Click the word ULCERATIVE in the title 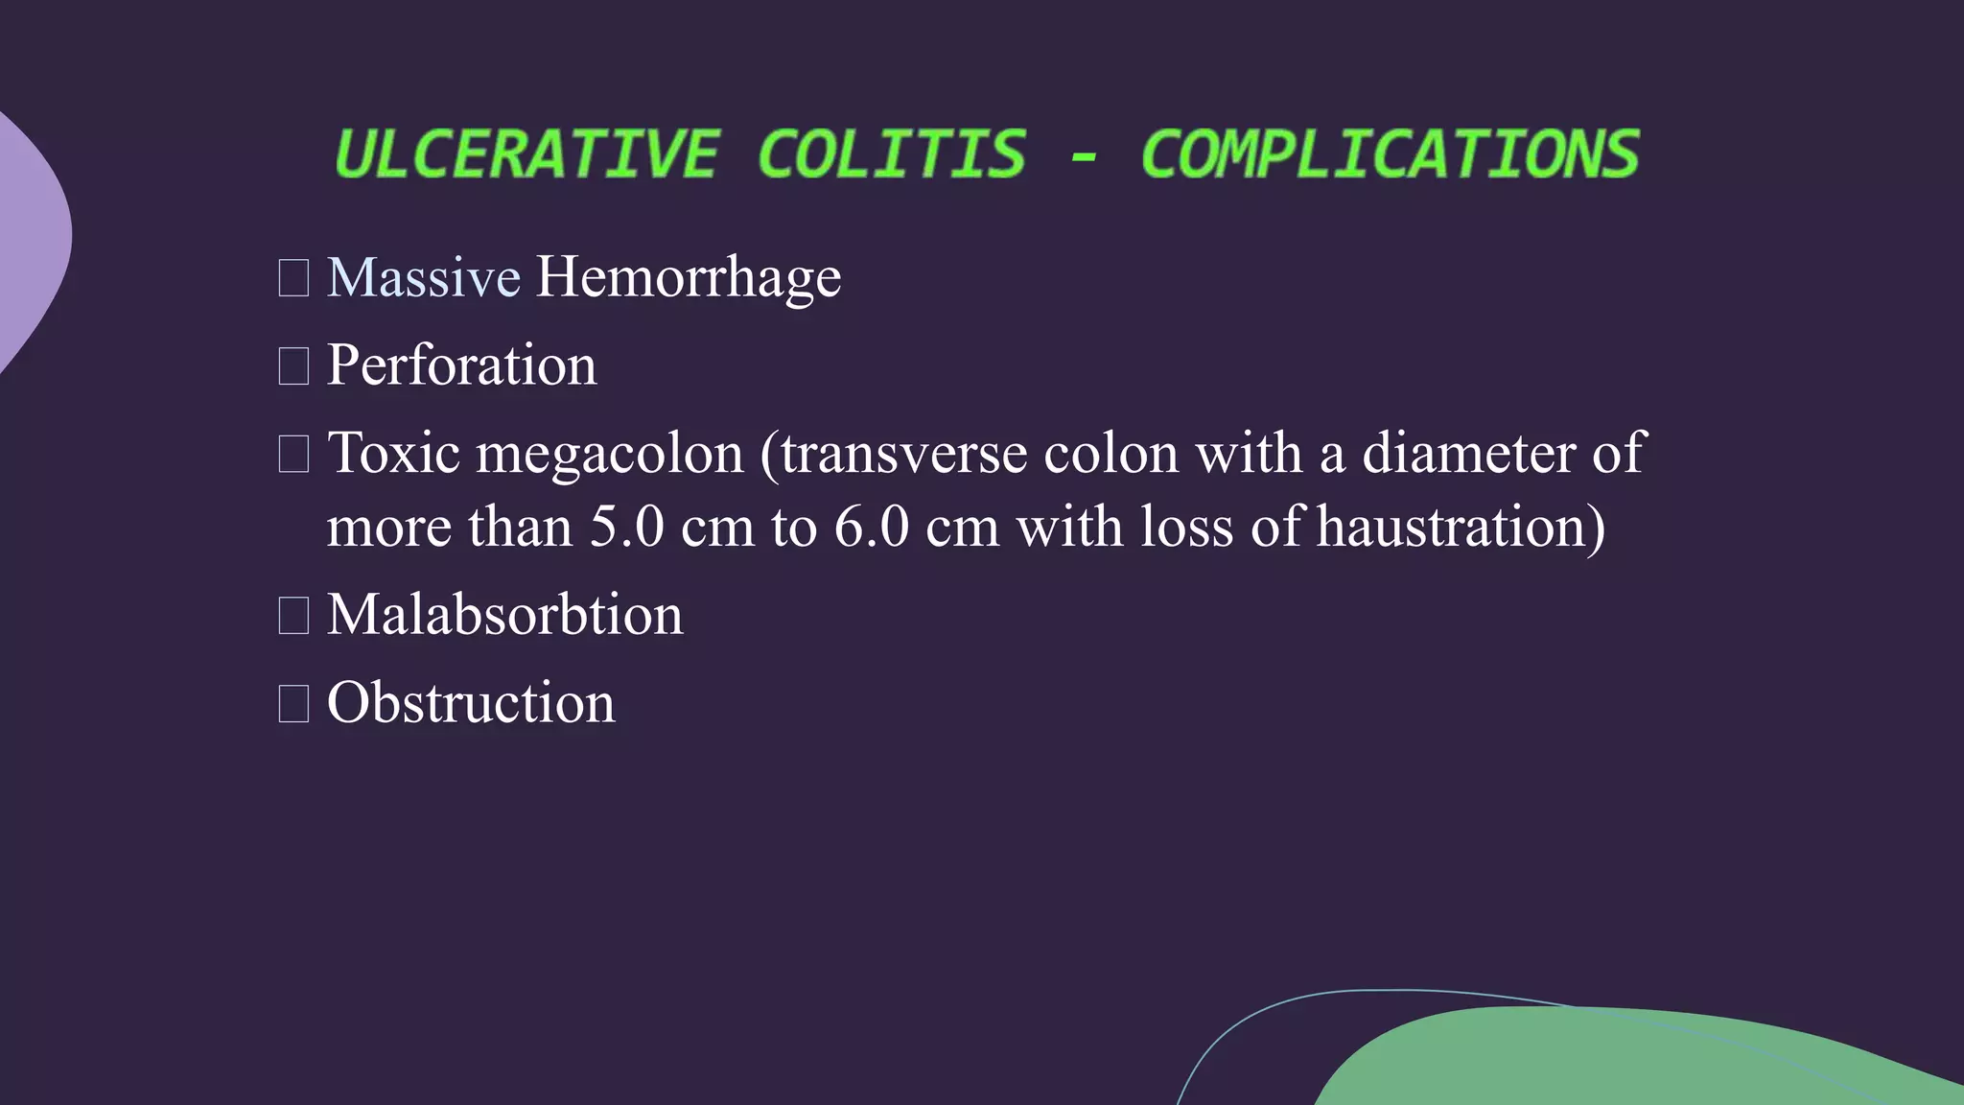[526, 154]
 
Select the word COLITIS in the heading [891, 154]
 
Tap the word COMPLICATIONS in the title [1390, 154]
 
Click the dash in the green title [1084, 156]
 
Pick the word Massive [424, 277]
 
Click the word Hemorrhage [688, 279]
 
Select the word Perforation [461, 365]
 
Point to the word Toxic [393, 453]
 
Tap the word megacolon [610, 455]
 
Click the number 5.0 [626, 528]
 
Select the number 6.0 [871, 528]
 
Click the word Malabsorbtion [504, 615]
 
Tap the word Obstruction [470, 703]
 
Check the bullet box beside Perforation [293, 366]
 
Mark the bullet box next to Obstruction [293, 703]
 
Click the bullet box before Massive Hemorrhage [293, 278]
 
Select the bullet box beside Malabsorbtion [293, 615]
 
